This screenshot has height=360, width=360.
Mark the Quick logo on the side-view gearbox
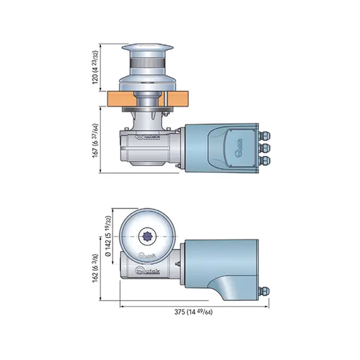(x=149, y=135)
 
